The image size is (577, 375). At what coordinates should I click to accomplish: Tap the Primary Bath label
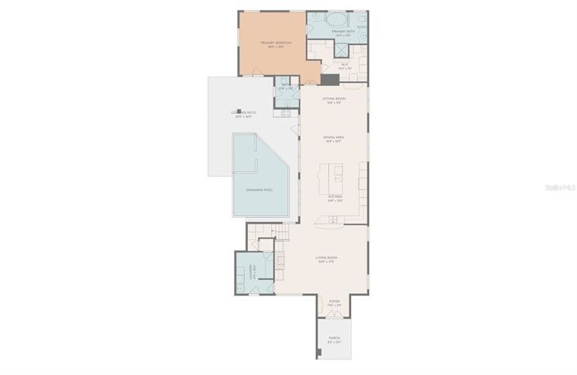point(340,33)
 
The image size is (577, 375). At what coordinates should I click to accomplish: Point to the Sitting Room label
point(335,100)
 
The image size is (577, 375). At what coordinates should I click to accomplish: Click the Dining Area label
point(333,139)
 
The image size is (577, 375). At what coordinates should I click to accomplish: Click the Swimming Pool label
point(259,190)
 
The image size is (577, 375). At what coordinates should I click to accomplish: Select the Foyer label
point(334,302)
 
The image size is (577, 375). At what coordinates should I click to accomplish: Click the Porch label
point(334,338)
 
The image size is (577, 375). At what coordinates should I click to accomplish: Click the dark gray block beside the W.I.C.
point(330,79)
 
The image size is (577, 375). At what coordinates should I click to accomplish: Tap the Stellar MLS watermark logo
point(554,187)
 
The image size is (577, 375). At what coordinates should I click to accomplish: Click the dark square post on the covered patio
point(240,111)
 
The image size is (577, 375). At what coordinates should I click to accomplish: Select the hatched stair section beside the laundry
point(278,261)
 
